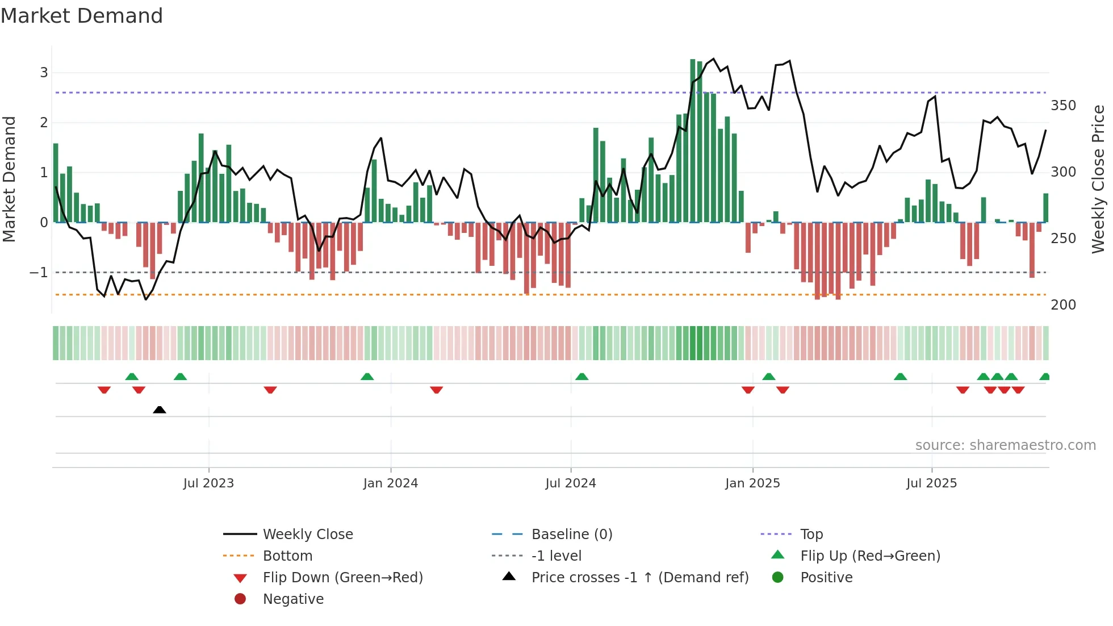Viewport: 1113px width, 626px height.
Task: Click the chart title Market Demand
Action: tap(82, 16)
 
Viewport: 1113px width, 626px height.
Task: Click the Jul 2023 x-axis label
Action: tap(208, 483)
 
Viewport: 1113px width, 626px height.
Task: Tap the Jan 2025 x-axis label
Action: tap(752, 483)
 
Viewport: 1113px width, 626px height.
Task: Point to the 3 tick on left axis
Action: tap(44, 73)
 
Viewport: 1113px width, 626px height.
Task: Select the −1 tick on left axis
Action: tap(39, 273)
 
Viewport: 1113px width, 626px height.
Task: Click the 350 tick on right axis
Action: tap(1063, 106)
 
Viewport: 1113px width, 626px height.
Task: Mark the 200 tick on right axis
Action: tap(1063, 305)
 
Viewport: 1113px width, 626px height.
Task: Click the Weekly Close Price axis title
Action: tap(1098, 179)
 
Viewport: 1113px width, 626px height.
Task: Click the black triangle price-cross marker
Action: tap(160, 410)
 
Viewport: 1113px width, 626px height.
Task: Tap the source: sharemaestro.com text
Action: tap(1005, 445)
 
